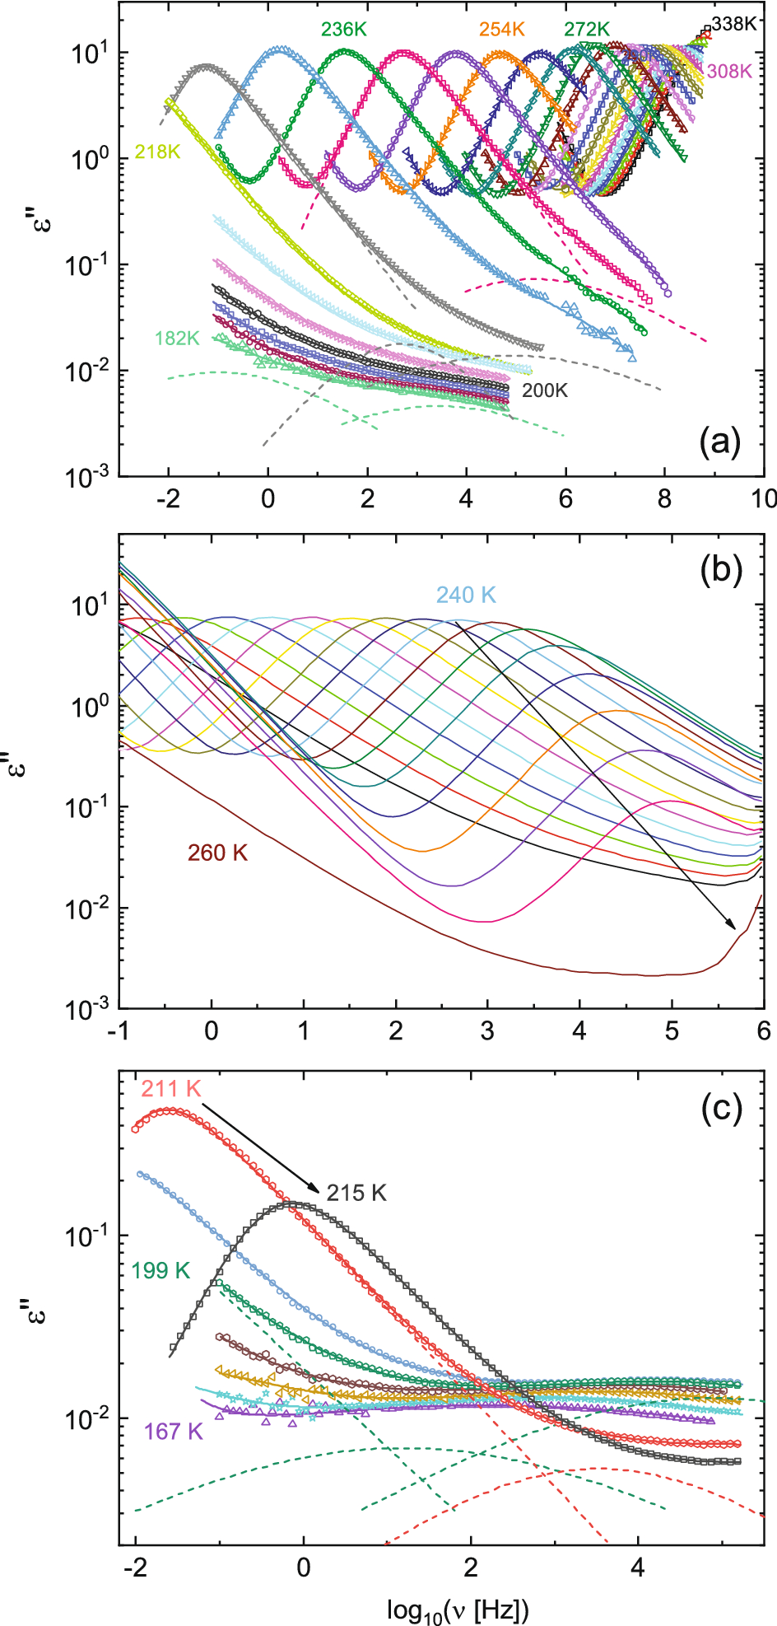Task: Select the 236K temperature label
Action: point(343,30)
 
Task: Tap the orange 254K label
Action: point(501,30)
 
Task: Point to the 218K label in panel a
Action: point(157,153)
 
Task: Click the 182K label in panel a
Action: point(177,338)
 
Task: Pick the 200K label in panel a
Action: point(545,390)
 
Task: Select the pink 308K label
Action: point(729,71)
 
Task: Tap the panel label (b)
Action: point(720,570)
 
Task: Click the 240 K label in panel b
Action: point(466,595)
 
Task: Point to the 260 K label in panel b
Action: point(217,853)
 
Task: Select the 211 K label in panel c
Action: point(170,1089)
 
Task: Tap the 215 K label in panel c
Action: point(356,1193)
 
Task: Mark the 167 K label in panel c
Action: point(173,1432)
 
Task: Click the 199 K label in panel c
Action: point(161,1271)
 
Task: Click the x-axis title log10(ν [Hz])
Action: point(458,1609)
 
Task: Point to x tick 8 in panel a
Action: point(665,498)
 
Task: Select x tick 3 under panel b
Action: point(488,1030)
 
